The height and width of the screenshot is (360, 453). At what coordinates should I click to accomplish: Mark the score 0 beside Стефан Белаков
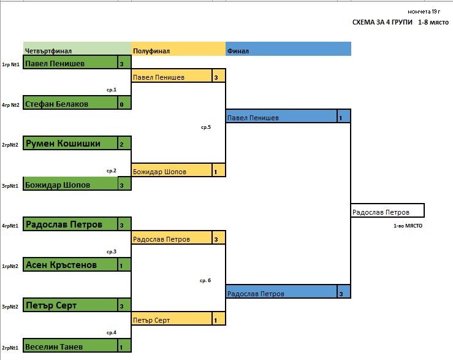[122, 104]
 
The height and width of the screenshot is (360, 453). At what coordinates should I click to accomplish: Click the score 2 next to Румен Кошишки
[122, 144]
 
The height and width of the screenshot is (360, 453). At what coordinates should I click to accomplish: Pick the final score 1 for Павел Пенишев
[340, 117]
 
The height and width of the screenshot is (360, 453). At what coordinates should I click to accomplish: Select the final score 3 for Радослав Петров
[340, 293]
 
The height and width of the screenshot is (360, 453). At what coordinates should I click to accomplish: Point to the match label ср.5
[206, 128]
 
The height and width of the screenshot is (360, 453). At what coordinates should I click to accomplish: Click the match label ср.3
[111, 251]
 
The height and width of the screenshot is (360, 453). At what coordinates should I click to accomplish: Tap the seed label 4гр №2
[11, 104]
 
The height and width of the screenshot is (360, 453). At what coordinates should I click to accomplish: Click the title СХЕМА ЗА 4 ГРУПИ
[382, 23]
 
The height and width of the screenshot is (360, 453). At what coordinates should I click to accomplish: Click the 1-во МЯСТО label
[408, 226]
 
